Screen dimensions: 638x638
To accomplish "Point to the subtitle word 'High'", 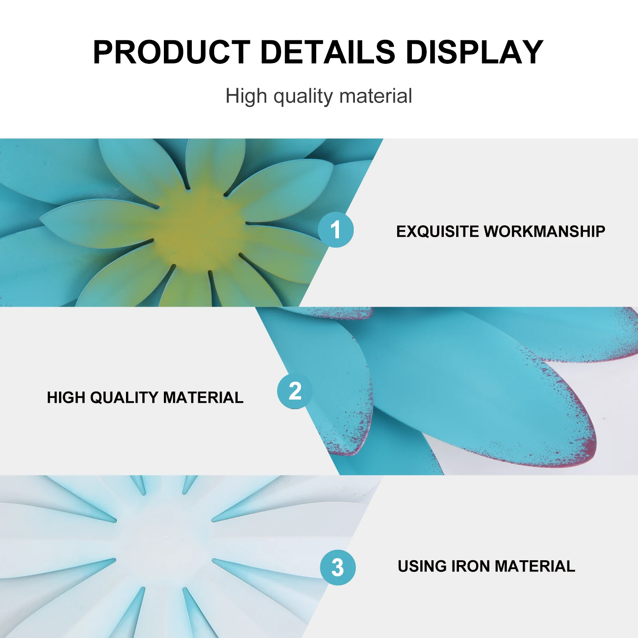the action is click(246, 97).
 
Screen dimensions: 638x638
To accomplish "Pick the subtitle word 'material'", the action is click(376, 96).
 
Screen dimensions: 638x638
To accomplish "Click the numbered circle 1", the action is click(336, 230).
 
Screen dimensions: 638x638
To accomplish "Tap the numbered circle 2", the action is click(295, 391).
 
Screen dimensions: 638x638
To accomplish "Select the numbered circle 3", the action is click(338, 567).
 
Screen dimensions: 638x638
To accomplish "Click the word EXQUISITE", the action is click(437, 232).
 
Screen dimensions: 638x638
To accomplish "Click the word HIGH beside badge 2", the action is click(66, 398).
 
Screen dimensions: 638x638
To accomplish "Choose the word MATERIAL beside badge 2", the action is click(203, 398).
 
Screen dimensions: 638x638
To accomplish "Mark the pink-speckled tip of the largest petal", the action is click(590, 443).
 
